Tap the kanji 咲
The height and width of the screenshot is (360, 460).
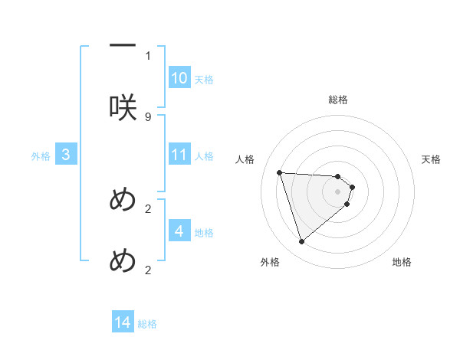pos(123,107)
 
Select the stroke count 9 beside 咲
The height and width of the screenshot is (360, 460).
pos(148,117)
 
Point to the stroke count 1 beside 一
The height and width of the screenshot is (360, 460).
pos(148,56)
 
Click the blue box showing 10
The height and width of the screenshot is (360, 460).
pos(179,78)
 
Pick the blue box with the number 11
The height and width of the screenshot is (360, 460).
pos(179,155)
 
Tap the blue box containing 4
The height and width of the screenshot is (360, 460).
pos(179,231)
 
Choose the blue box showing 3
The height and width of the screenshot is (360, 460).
pos(66,155)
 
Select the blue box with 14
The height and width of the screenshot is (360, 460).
pos(123,323)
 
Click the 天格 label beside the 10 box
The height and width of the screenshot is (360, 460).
pos(204,80)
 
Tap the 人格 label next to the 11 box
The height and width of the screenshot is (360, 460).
pos(204,156)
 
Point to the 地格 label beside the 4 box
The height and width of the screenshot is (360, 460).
pos(204,233)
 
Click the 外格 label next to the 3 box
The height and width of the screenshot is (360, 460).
pos(41,156)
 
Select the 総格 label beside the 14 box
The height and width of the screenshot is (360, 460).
pos(147,324)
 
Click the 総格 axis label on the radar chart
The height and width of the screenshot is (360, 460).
pos(338,100)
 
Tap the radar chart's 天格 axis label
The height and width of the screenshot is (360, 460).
pos(432,159)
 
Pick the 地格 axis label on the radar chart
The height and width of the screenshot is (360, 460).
pos(402,263)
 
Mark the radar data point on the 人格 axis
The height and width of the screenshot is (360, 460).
pos(280,172)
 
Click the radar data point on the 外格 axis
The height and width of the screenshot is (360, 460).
pos(302,242)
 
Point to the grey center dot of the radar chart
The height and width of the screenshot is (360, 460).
pos(337,191)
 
